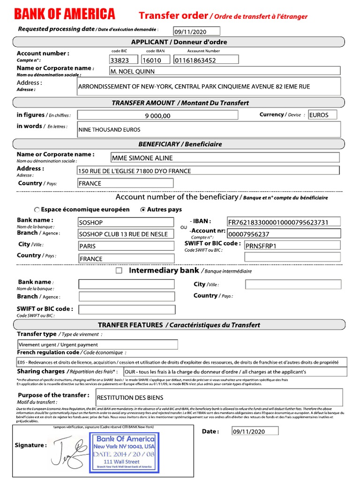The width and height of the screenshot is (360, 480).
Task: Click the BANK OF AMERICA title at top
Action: pyautogui.click(x=64, y=15)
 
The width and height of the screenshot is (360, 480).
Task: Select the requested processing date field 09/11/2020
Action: pyautogui.click(x=196, y=32)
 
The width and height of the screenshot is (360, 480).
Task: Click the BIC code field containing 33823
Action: pyautogui.click(x=123, y=60)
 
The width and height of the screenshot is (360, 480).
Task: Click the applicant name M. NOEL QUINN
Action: pyautogui.click(x=225, y=71)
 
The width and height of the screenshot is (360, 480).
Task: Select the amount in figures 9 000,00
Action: pyautogui.click(x=157, y=115)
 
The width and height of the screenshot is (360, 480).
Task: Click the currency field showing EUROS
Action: pyautogui.click(x=322, y=115)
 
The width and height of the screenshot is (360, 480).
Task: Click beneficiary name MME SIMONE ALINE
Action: pyautogui.click(x=225, y=158)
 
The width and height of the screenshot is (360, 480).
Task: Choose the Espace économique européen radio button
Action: pyautogui.click(x=37, y=210)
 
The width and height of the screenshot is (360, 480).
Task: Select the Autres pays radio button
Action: pyautogui.click(x=143, y=210)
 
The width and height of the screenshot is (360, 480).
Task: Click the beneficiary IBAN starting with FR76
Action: pyautogui.click(x=284, y=222)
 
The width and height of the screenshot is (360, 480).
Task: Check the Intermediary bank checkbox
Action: pyautogui.click(x=119, y=271)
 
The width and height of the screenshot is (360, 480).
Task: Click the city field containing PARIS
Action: pyautogui.click(x=126, y=246)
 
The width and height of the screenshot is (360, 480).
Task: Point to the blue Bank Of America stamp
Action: pyautogui.click(x=125, y=451)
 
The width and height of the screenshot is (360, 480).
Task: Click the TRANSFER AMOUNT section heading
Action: pyautogui.click(x=180, y=103)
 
